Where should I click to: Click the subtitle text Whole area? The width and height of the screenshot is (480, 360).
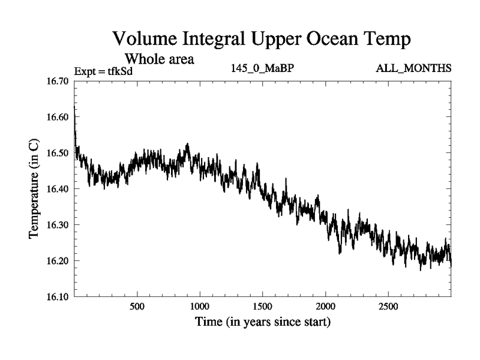[159, 59]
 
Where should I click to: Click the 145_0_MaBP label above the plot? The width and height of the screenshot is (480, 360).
[262, 68]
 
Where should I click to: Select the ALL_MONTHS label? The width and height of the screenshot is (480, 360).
[413, 68]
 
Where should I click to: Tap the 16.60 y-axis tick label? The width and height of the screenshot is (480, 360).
[58, 117]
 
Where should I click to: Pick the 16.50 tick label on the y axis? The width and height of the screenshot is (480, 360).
[58, 153]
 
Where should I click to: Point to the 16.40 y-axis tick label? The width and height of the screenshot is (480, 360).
[58, 189]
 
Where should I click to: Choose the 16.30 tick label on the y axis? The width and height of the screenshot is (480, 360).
[58, 225]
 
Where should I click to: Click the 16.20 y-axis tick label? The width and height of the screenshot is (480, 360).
[58, 261]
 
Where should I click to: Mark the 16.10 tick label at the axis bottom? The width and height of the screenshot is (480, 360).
[58, 297]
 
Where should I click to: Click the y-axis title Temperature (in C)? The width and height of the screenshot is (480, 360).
[34, 189]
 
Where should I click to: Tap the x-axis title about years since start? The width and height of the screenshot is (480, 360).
[262, 322]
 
